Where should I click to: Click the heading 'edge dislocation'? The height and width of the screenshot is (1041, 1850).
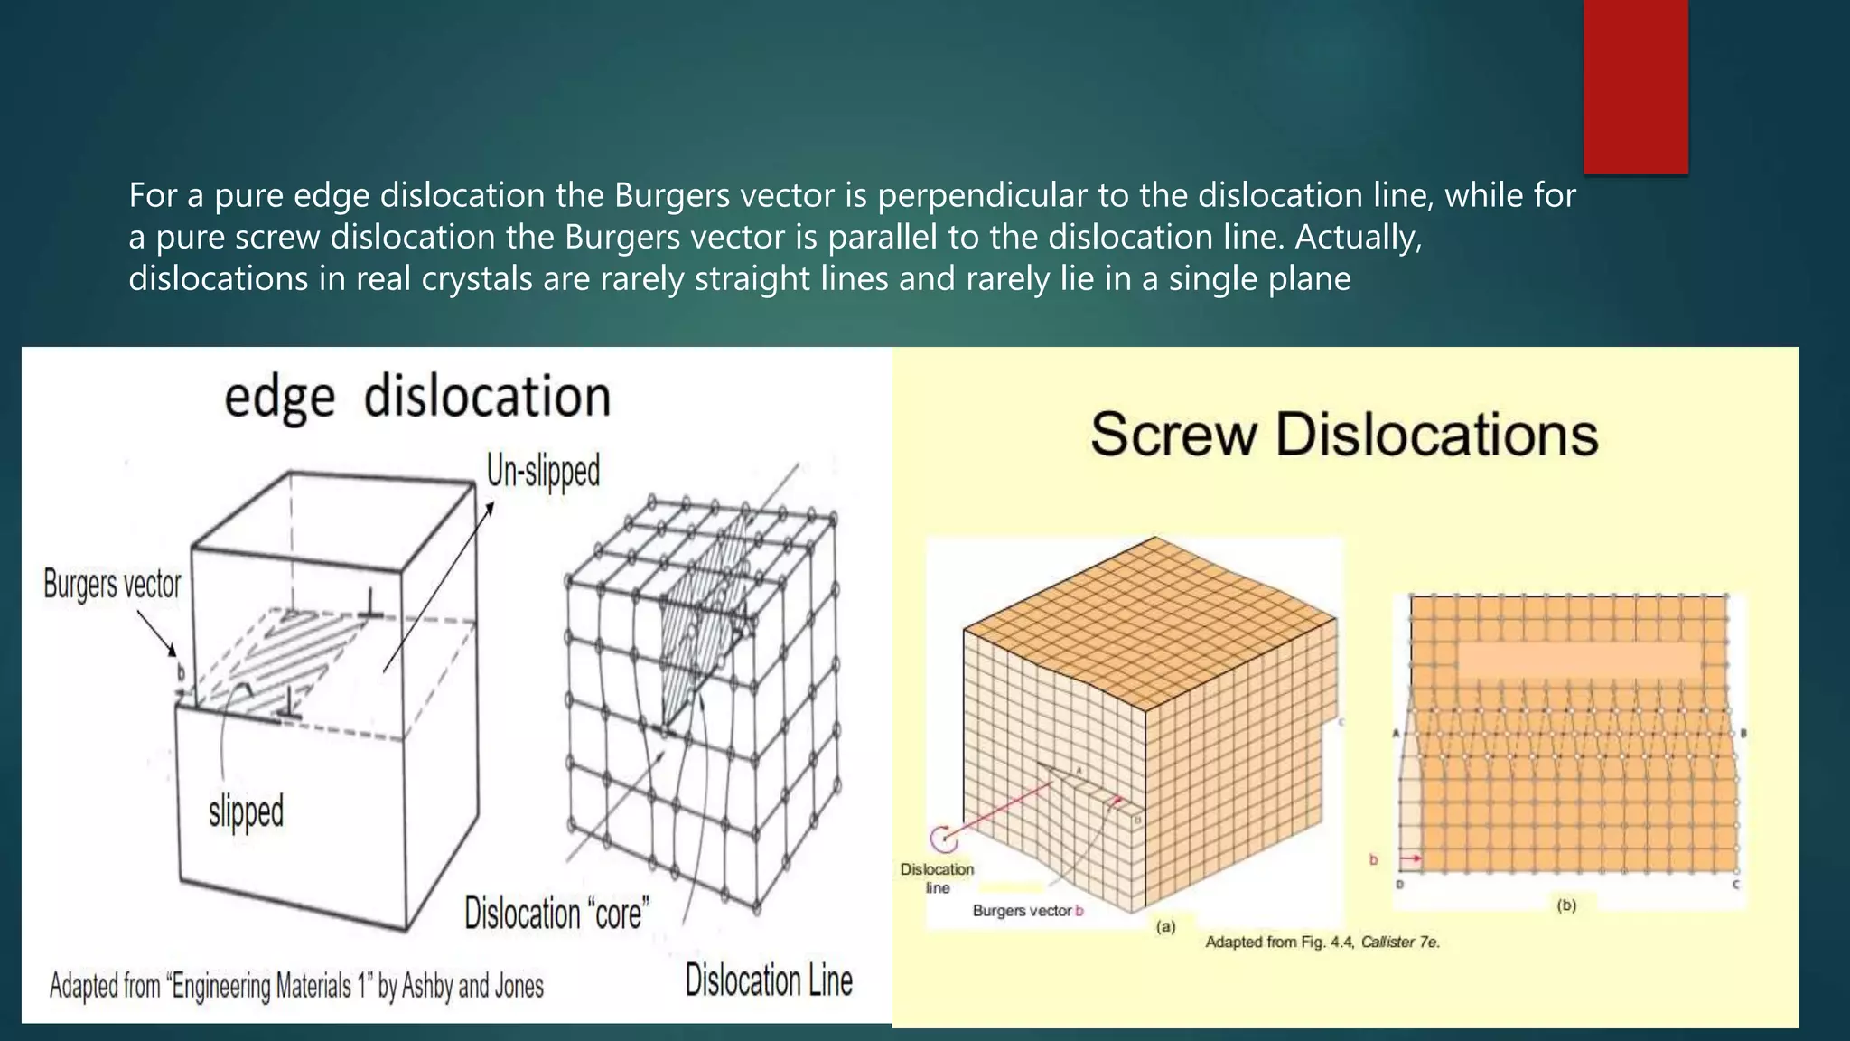coord(417,398)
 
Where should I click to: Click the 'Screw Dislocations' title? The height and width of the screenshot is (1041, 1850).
coord(1344,435)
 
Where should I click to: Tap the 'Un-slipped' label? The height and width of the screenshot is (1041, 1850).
coord(543,471)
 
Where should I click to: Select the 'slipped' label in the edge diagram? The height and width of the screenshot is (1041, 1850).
coord(246,811)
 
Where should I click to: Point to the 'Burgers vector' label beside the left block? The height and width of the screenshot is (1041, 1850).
coord(112,585)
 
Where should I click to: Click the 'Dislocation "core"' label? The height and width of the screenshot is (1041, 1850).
coord(556,914)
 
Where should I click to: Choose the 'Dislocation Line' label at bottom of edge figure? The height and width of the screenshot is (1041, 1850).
coord(768,981)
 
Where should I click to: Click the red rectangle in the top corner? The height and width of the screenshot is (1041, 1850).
coord(1635,86)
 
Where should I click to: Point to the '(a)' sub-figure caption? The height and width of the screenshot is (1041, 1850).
coord(1166,926)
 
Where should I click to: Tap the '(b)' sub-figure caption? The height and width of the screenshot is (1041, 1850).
coord(1565,905)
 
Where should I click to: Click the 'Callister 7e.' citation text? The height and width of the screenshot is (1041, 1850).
coord(1400,943)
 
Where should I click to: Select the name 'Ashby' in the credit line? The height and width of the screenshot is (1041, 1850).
coord(426,986)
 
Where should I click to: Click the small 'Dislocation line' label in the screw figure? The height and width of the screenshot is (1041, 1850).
coord(938,877)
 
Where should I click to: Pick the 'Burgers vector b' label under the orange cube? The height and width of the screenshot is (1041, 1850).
coord(1027,911)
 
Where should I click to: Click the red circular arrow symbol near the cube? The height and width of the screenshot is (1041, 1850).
coord(944,839)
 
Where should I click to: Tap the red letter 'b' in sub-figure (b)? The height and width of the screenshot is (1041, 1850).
coord(1373,859)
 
